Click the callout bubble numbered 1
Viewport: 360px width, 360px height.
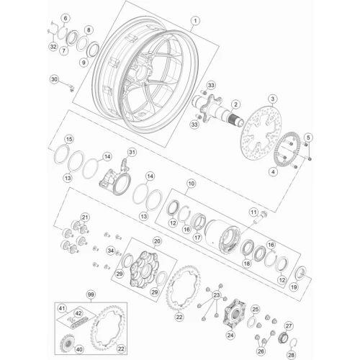click(x=195, y=21)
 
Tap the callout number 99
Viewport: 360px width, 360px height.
click(x=91, y=294)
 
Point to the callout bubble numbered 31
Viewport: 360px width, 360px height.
click(x=132, y=152)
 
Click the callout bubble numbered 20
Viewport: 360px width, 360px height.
click(x=157, y=241)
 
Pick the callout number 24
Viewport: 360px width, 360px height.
click(x=230, y=335)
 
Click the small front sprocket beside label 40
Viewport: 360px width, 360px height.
click(x=66, y=343)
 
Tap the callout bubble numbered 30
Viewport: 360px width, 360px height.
click(x=55, y=79)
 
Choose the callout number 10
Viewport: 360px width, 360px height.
click(x=192, y=184)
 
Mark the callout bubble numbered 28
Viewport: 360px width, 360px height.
click(x=292, y=355)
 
